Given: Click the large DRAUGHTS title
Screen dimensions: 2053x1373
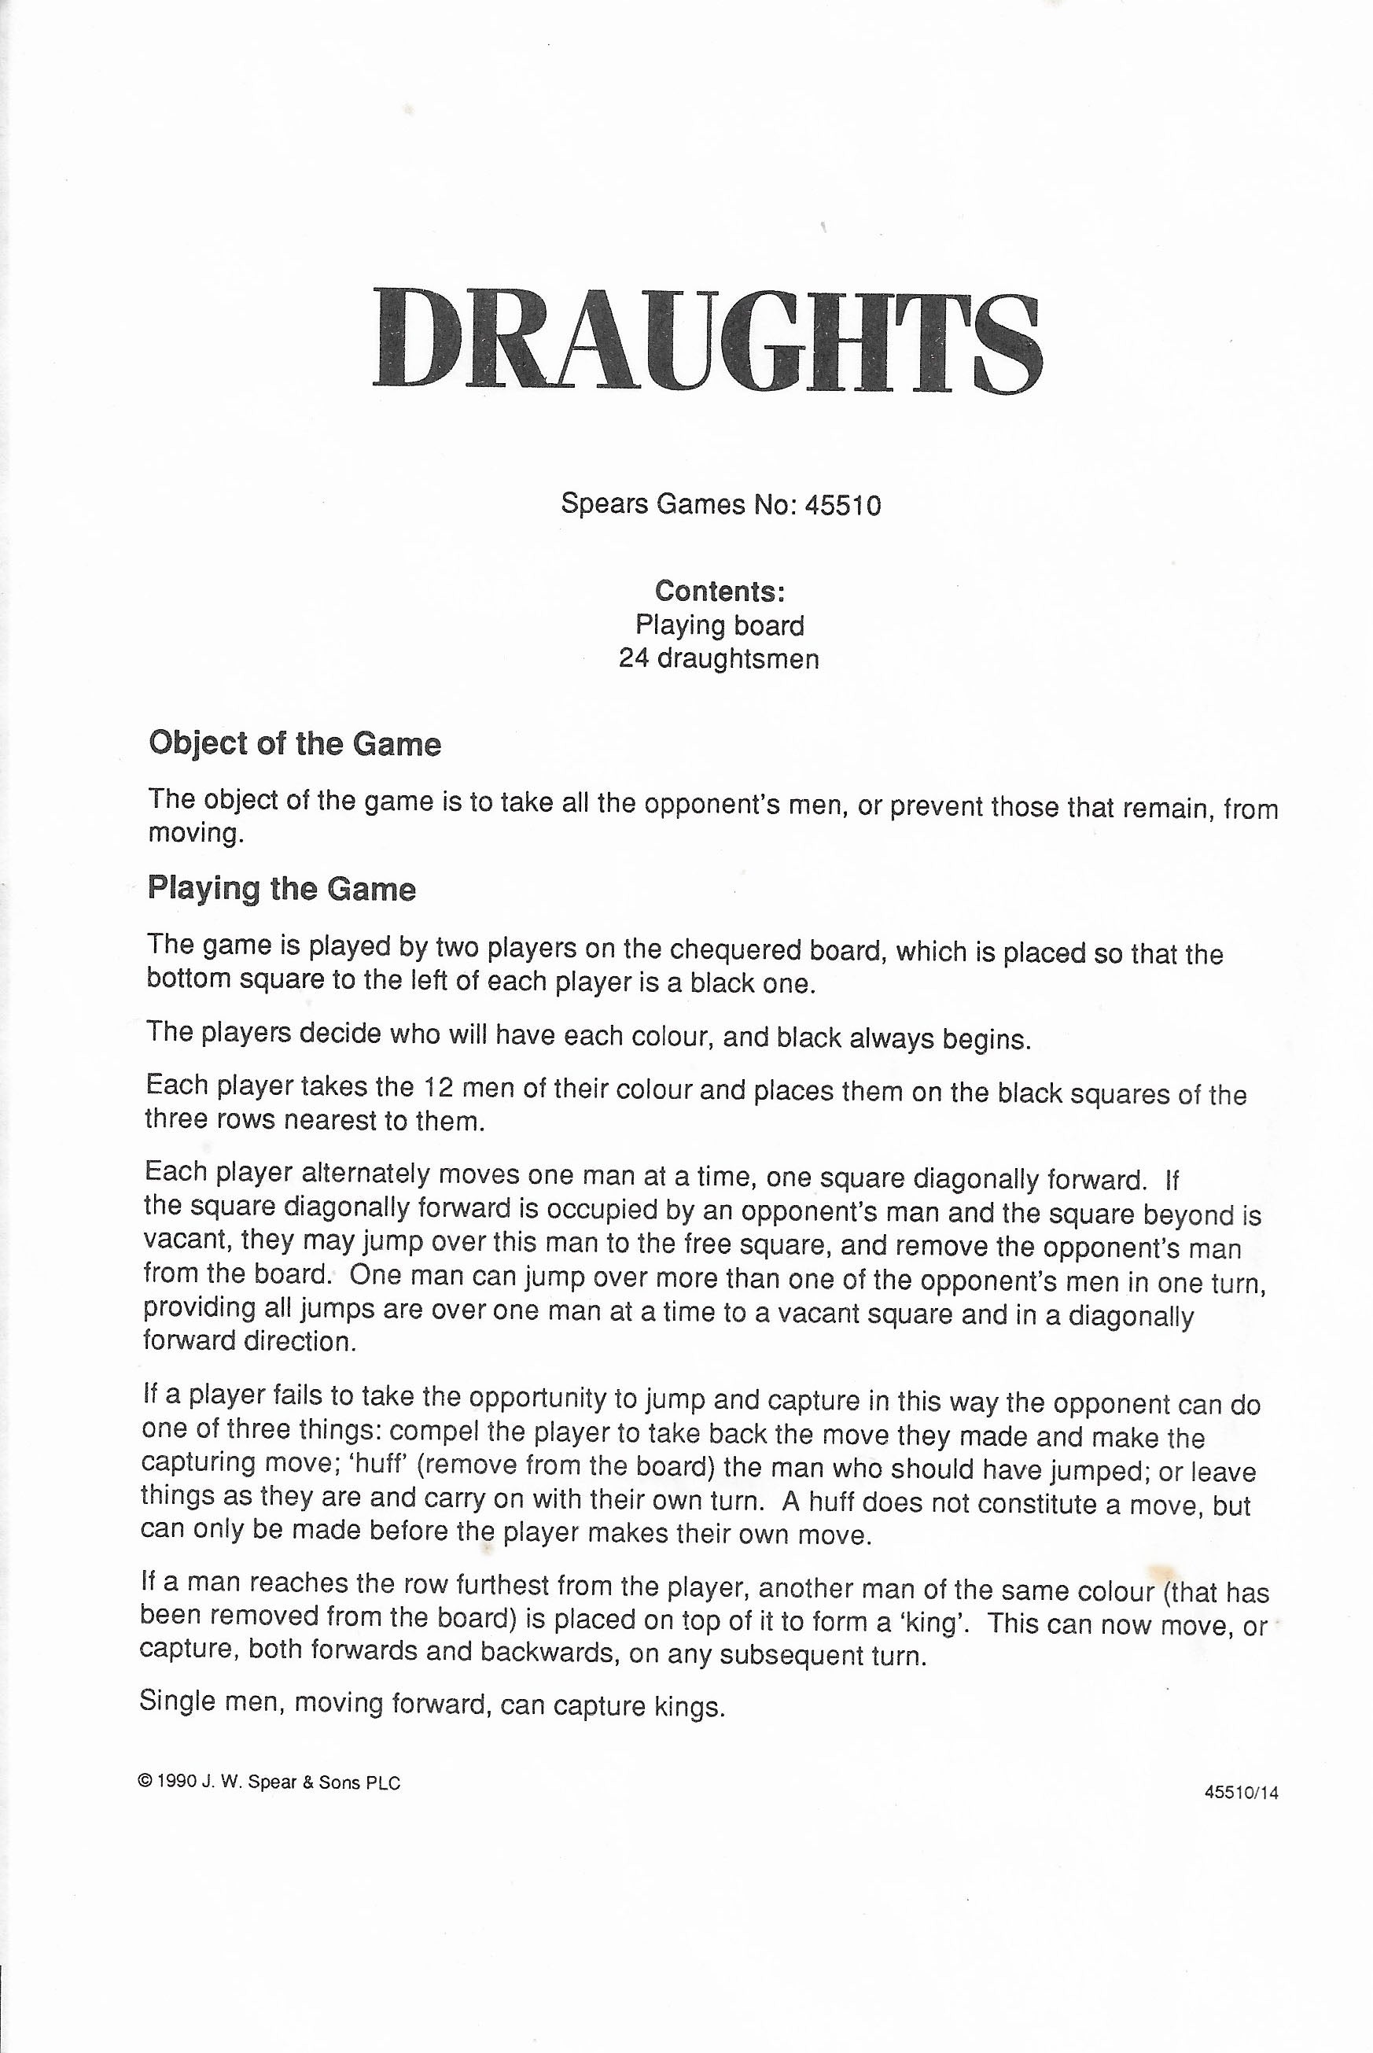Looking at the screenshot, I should pos(708,341).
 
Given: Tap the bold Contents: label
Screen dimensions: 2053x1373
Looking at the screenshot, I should pos(720,592).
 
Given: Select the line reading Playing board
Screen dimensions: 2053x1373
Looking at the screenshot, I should pos(720,625).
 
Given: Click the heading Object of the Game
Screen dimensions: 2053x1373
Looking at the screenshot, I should pos(295,743).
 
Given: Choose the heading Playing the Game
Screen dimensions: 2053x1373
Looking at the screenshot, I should pos(281,888).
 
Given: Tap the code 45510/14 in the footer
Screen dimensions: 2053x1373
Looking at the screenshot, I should pos(1241,1792).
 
